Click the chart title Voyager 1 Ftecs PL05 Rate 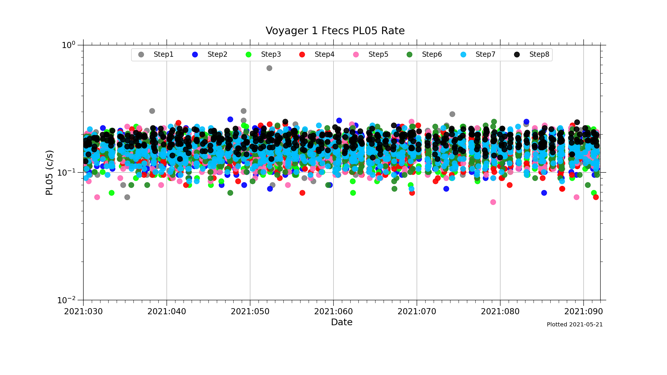pyautogui.click(x=335, y=31)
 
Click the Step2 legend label pyautogui.click(x=217, y=54)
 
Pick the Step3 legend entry pyautogui.click(x=271, y=54)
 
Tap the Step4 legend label pyautogui.click(x=324, y=54)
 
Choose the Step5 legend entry pyautogui.click(x=378, y=54)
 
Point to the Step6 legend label pyautogui.click(x=432, y=54)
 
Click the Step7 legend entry pyautogui.click(x=485, y=54)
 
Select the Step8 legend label pyautogui.click(x=539, y=54)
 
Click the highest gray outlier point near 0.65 pyautogui.click(x=269, y=68)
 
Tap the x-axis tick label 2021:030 pyautogui.click(x=83, y=312)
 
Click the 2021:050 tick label pyautogui.click(x=250, y=312)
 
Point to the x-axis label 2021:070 pyautogui.click(x=417, y=312)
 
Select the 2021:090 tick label pyautogui.click(x=584, y=312)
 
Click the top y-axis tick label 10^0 pyautogui.click(x=68, y=45)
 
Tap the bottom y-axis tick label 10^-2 pyautogui.click(x=66, y=300)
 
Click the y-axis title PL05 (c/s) pyautogui.click(x=50, y=173)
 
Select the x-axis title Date pyautogui.click(x=342, y=322)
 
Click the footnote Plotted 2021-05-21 pyautogui.click(x=575, y=325)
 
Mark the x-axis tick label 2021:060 pyautogui.click(x=333, y=312)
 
